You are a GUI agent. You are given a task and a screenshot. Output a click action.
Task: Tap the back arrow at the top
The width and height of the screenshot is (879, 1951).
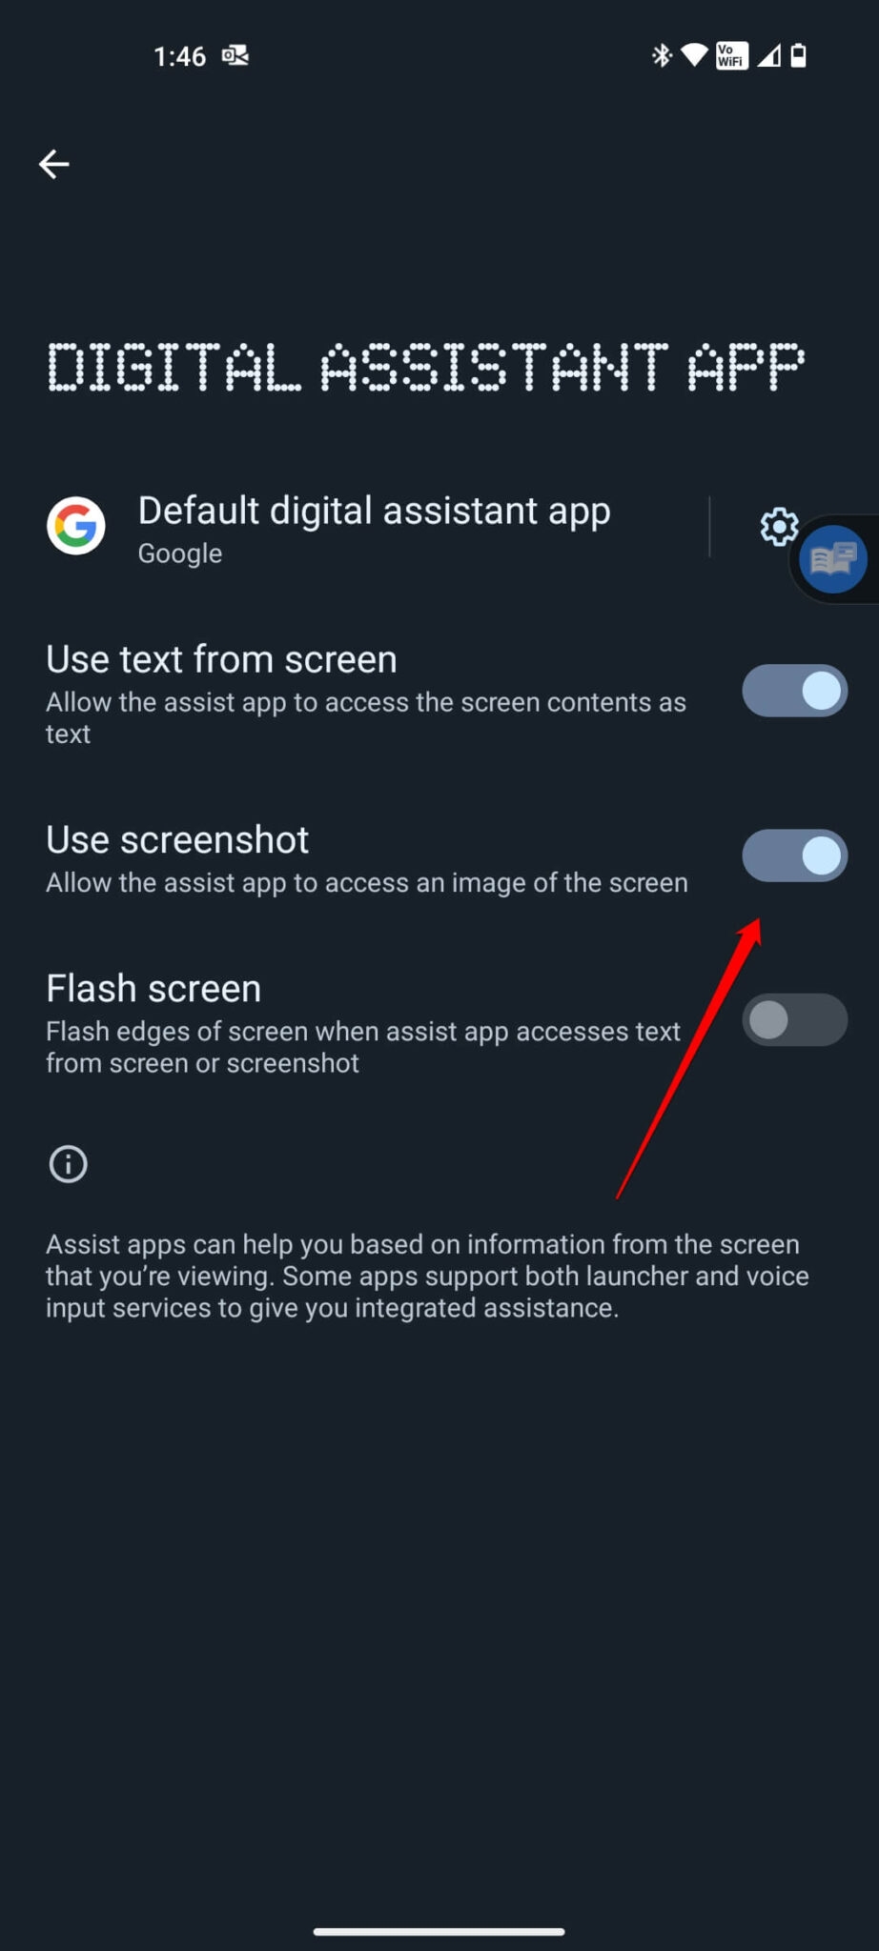coord(53,164)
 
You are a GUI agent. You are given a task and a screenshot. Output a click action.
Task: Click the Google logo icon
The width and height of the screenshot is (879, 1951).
coord(76,525)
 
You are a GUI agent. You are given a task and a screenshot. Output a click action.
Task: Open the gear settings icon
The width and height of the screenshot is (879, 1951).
coord(778,525)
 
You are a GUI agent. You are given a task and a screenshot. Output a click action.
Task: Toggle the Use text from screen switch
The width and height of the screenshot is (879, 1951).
coord(794,691)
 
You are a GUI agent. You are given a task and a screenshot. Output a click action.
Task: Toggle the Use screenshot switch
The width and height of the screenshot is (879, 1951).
coord(794,855)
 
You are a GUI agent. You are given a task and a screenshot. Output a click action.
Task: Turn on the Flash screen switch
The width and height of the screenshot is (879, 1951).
coord(794,1020)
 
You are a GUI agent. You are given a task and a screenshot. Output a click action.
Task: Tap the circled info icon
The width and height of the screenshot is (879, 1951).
coord(68,1163)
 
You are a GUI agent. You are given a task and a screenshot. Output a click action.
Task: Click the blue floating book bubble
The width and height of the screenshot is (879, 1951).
coord(833,559)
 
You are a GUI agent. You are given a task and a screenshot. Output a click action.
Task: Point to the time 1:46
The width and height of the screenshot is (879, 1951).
coord(179,56)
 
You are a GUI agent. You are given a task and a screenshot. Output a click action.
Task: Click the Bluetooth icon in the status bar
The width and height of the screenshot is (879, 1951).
coord(661,55)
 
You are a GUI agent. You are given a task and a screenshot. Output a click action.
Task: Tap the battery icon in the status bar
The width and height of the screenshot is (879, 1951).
coord(799,55)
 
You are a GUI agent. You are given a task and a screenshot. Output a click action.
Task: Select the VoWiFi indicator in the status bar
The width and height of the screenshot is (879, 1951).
coord(731,55)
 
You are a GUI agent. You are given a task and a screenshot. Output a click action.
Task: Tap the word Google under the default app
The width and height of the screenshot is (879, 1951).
coord(180,553)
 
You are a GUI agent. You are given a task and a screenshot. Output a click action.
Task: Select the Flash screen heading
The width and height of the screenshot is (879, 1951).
coord(153,989)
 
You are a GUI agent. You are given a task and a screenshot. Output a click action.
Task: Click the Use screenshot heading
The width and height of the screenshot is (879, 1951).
coord(177,840)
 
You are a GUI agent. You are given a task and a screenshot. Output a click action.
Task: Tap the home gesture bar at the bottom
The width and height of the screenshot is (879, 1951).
coord(439,1931)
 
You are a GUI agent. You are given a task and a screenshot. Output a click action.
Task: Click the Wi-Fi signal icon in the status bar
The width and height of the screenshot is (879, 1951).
coord(694,55)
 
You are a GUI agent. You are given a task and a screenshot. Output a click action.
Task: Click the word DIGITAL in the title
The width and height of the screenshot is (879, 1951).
coord(174,368)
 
